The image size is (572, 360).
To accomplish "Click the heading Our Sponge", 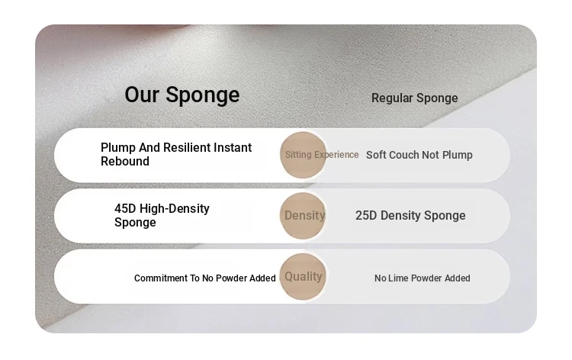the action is [x=182, y=95].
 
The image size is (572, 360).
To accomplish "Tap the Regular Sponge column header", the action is [x=414, y=98].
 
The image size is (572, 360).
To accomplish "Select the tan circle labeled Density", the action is [x=303, y=216].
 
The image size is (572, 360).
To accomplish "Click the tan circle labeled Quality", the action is [x=303, y=277].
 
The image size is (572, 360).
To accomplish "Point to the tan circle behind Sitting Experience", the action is [x=303, y=155].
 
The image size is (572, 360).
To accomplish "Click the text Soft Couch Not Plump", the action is [x=419, y=155].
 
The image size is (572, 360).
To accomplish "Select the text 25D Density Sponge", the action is [x=410, y=216].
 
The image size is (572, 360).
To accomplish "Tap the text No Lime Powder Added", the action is [x=422, y=278].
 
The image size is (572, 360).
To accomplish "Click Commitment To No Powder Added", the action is [x=204, y=278].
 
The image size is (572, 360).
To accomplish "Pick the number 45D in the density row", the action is [x=125, y=209].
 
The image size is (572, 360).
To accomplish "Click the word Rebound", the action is [x=125, y=161].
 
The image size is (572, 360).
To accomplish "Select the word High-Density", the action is [x=175, y=209].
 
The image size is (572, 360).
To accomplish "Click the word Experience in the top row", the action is [x=336, y=155].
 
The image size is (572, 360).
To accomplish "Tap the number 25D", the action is [x=366, y=216].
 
